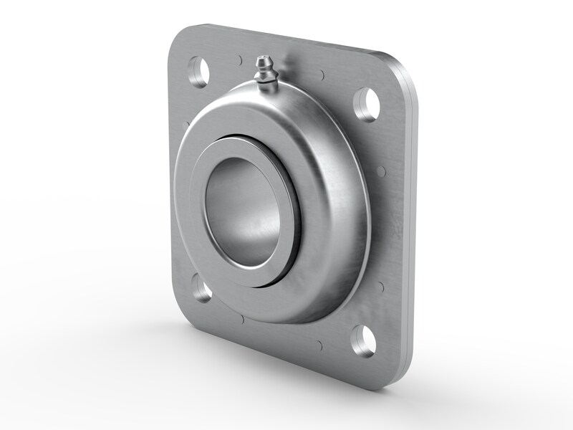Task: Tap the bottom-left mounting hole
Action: point(201,290)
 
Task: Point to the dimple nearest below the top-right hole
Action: point(381,171)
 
